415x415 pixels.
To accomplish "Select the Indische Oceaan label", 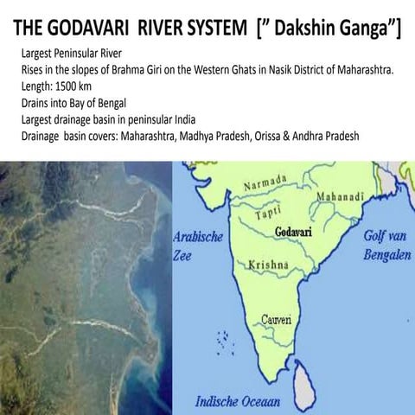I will coord(239,401).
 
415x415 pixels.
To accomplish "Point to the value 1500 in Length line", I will coord(70,87).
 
